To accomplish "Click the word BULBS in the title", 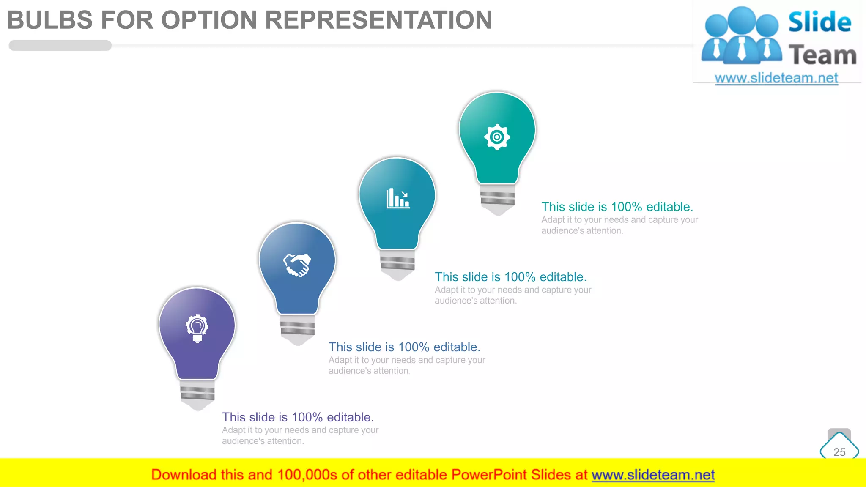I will tap(50, 20).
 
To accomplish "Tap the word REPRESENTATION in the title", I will tap(378, 20).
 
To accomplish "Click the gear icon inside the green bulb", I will tap(497, 137).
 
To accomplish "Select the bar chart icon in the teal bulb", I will tap(398, 198).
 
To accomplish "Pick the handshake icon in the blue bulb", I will tap(297, 265).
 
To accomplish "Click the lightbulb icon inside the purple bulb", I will tap(197, 328).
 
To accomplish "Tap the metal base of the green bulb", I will tap(498, 199).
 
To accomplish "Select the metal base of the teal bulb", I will tap(397, 264).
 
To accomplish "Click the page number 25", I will tap(839, 452).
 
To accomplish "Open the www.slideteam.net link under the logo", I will tap(776, 78).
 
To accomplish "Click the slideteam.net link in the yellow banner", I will tap(653, 475).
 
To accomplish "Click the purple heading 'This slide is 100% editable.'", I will tap(298, 417).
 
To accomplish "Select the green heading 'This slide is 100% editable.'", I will tap(617, 207).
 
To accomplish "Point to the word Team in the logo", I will tap(822, 55).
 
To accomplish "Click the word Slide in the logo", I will tap(819, 22).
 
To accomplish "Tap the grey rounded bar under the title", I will tap(60, 46).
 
